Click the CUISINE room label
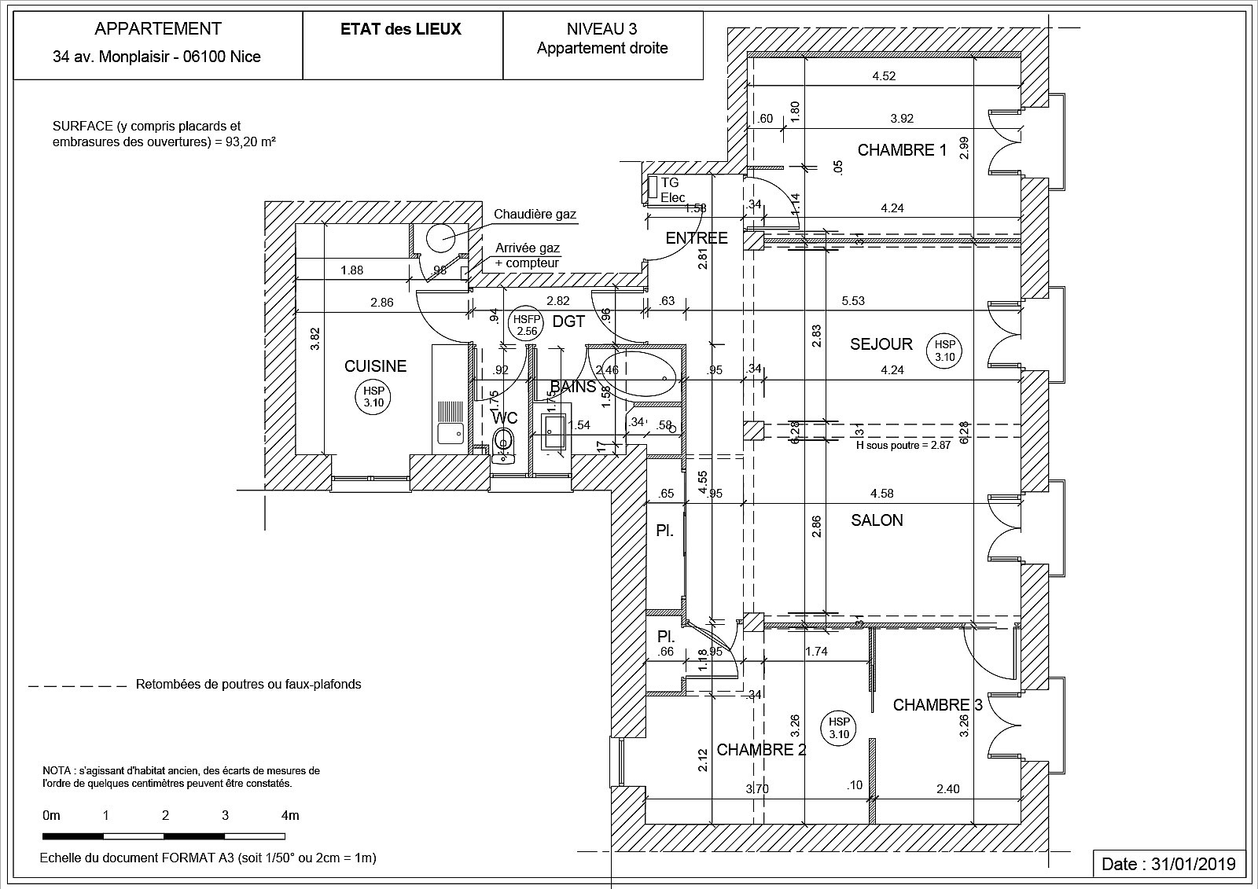click(x=376, y=366)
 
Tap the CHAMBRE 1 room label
click(x=902, y=150)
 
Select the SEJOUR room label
click(x=881, y=344)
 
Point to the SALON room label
click(x=877, y=520)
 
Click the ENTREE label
click(x=697, y=238)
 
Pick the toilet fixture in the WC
click(x=502, y=442)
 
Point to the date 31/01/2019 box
click(x=1169, y=864)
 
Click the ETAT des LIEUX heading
click(x=401, y=30)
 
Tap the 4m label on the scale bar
click(x=290, y=815)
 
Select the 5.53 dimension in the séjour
click(x=853, y=300)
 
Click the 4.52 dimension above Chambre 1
click(x=884, y=76)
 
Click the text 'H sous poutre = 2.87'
click(x=903, y=444)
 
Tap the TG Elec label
click(x=672, y=190)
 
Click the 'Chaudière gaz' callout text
click(x=535, y=215)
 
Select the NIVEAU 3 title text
click(x=602, y=30)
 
